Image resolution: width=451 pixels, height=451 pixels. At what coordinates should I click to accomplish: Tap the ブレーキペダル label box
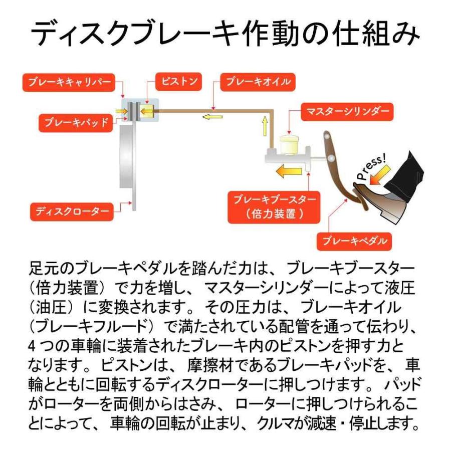tap(354, 241)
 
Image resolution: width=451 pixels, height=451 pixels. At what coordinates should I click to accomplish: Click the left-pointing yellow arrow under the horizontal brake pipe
tap(212, 117)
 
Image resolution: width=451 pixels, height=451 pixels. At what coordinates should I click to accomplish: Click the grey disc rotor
tap(126, 165)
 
